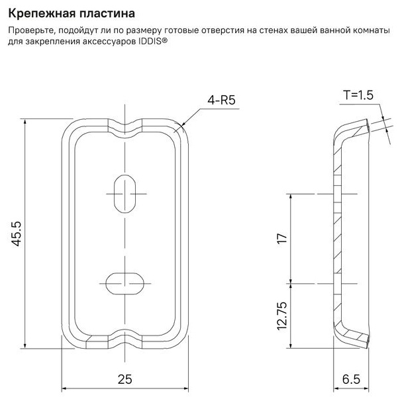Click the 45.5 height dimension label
click(17, 234)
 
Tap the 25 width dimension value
click(125, 379)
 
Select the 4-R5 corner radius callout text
click(221, 100)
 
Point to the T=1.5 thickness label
click(358, 95)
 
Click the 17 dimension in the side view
click(282, 238)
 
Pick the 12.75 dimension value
click(282, 316)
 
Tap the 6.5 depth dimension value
click(351, 379)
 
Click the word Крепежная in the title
click(42, 14)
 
